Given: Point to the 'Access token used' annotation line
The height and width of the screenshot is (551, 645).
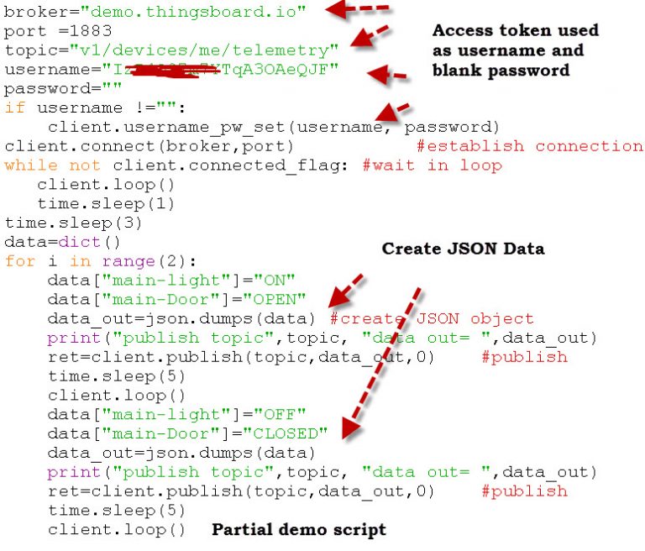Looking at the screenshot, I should tap(515, 30).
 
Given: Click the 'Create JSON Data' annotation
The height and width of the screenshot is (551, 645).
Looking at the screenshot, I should tap(463, 249).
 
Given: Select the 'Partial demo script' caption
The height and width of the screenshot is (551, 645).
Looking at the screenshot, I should tap(298, 529).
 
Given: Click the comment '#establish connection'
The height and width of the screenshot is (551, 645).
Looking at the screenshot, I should tap(529, 146).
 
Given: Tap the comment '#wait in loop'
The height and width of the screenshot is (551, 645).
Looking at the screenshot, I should tap(432, 165).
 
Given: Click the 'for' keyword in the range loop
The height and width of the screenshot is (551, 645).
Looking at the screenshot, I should tap(19, 261).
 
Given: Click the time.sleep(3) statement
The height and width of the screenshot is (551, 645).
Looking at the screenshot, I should tap(60, 223).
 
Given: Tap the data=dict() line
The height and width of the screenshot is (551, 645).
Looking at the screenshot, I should tap(55, 242).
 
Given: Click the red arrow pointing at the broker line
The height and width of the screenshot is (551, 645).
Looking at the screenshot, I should tap(357, 10).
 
